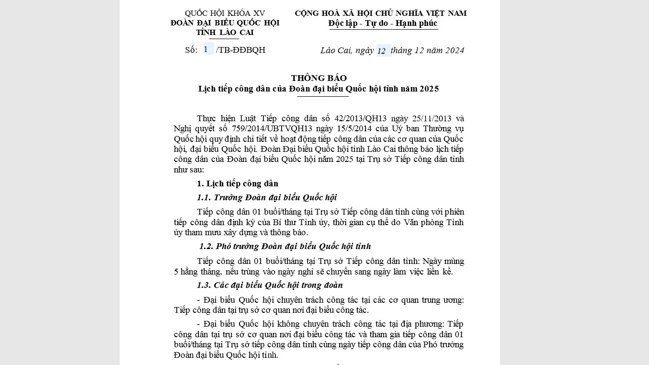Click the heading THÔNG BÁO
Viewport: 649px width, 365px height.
(x=319, y=78)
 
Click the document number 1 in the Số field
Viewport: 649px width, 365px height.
(x=206, y=49)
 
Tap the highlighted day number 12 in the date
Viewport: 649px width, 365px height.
(x=382, y=51)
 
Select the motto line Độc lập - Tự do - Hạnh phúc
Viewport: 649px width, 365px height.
(x=383, y=23)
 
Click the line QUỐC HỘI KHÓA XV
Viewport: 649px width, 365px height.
(x=225, y=13)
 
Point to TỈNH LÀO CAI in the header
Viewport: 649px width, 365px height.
(x=225, y=33)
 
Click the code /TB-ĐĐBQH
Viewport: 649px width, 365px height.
(x=240, y=50)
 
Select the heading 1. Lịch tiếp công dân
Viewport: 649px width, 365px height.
(x=238, y=183)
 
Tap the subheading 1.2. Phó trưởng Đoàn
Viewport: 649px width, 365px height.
(x=285, y=246)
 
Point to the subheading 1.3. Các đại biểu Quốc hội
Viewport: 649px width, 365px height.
(x=270, y=285)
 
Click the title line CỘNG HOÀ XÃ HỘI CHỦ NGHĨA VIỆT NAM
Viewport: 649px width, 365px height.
(x=380, y=13)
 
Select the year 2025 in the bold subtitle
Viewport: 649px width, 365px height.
(x=429, y=89)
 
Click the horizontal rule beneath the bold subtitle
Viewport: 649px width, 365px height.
(x=323, y=96)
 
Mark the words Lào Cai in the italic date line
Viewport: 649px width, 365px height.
(x=334, y=50)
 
